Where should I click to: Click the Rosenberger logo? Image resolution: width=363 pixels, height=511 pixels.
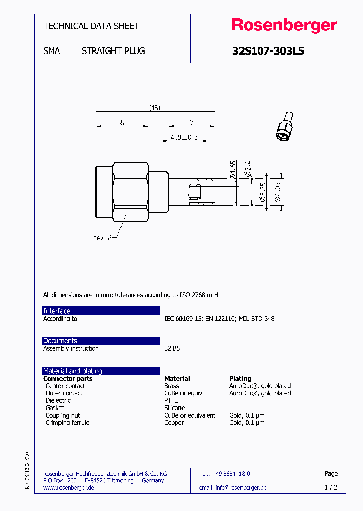point(284,26)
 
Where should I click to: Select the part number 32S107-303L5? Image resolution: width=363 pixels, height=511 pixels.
point(268,51)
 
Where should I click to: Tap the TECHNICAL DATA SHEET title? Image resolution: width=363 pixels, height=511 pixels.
point(91,26)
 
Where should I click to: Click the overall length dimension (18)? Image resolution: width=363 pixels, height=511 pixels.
point(155,108)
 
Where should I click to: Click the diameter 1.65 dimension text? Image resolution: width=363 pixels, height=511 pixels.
point(233,170)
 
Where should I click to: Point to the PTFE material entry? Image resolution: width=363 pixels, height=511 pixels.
point(171,400)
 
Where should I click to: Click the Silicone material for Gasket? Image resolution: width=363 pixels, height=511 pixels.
point(174,407)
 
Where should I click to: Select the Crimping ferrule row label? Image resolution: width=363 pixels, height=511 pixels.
point(67,422)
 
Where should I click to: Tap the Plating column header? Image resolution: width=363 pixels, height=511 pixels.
point(240,378)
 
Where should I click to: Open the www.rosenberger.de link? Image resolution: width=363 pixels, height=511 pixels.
point(69,488)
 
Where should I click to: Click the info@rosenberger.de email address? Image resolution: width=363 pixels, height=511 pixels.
point(240,488)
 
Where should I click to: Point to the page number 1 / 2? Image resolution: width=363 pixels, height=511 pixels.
point(331,488)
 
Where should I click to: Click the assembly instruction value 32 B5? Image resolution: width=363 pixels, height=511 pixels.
point(172,348)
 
